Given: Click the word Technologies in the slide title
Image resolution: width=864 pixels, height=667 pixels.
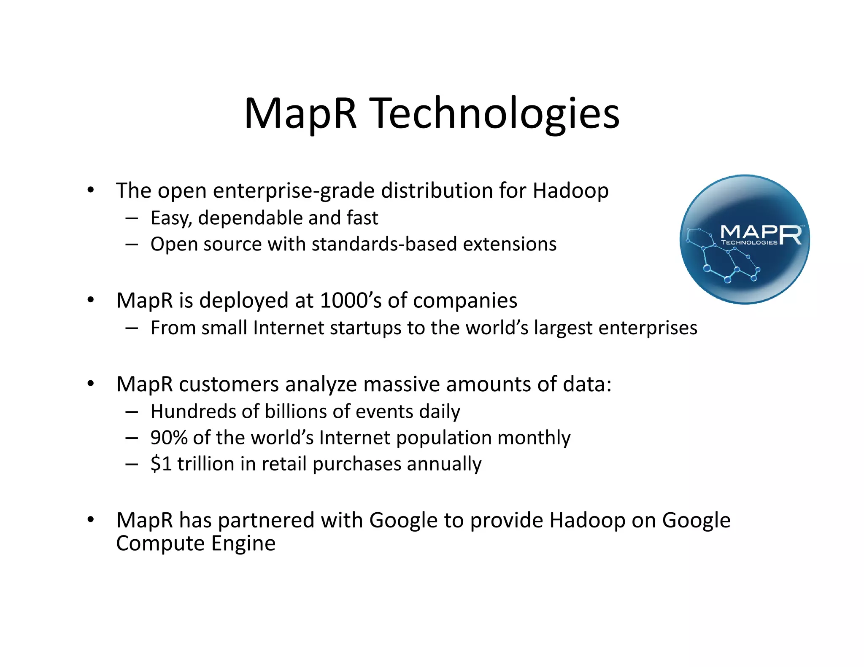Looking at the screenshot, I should click(x=496, y=114).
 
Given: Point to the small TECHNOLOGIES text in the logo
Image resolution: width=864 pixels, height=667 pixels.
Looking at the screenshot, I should click(x=749, y=243).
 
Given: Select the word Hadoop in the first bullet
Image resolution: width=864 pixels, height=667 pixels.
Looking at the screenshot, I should click(x=570, y=191).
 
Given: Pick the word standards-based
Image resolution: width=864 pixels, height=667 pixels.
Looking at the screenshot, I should click(x=384, y=245).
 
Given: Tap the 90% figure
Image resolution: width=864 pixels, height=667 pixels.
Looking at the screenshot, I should click(x=169, y=438).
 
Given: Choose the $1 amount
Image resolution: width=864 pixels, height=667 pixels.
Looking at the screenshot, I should click(x=161, y=464).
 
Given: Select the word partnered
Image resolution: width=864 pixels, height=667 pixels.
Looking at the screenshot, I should click(x=266, y=521).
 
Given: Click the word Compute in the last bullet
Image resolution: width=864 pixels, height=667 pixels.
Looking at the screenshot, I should click(x=160, y=543).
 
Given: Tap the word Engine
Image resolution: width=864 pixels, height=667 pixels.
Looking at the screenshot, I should click(x=243, y=543).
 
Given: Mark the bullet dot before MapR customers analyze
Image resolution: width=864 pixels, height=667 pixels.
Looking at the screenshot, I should click(x=90, y=384).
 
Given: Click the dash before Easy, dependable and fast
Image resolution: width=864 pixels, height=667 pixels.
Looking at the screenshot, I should click(x=132, y=218).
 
